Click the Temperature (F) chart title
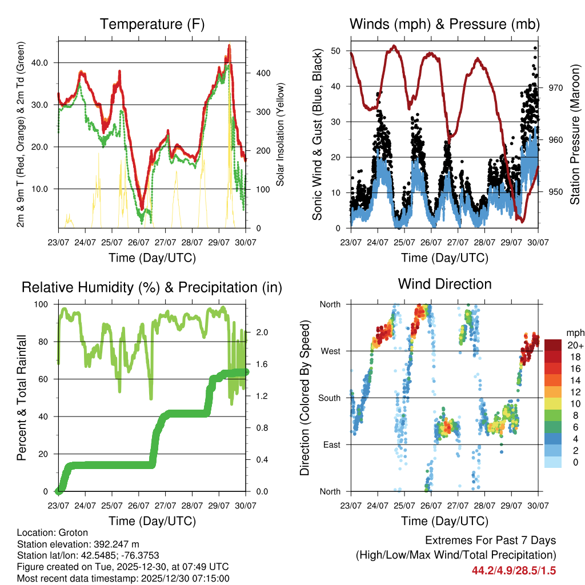[x=152, y=25]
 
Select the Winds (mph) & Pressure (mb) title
[x=444, y=25]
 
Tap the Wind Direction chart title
[x=444, y=284]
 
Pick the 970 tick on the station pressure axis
[x=556, y=87]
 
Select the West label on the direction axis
[x=330, y=351]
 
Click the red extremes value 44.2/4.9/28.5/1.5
[x=514, y=571]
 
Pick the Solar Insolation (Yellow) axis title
[x=280, y=135]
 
